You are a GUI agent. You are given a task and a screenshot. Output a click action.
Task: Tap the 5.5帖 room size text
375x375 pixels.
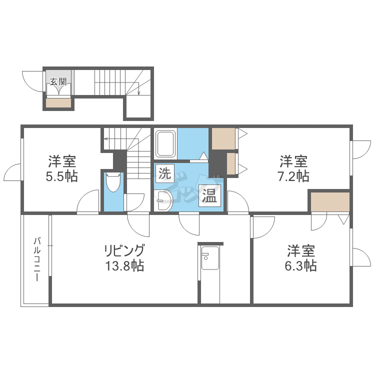tap(62, 176)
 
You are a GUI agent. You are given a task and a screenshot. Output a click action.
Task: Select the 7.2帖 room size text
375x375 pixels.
tap(293, 176)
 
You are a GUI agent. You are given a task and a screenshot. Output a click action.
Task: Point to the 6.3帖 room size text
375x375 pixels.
tap(300, 265)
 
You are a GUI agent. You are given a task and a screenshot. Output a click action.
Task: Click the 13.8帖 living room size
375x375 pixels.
tap(124, 265)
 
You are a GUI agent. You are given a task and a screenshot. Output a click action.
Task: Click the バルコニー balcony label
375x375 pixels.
tap(36, 259)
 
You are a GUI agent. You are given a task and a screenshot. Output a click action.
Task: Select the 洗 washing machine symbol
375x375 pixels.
tap(164, 173)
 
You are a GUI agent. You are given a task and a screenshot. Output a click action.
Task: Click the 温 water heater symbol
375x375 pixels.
tap(208, 195)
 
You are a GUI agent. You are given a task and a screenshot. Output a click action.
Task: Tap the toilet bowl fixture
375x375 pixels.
tap(113, 182)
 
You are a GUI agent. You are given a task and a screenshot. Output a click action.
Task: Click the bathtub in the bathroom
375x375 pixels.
tap(165, 143)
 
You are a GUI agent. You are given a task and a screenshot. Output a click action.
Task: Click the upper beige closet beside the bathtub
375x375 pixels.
tap(223, 138)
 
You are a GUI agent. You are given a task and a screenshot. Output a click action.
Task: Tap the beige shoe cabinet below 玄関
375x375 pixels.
tap(59, 103)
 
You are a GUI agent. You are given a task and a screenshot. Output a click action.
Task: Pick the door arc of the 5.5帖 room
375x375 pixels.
tap(88, 202)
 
